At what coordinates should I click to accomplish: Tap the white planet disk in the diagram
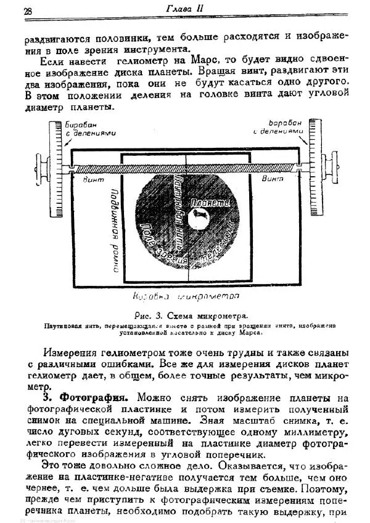click(199, 216)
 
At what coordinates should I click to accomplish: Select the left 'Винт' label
click(92, 179)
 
